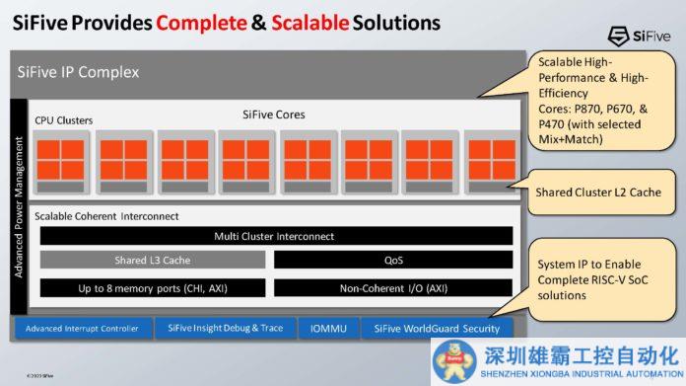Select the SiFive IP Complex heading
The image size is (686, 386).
click(79, 72)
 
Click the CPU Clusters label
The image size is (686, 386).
click(63, 120)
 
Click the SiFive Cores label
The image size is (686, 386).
click(273, 115)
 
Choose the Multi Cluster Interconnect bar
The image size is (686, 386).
click(274, 236)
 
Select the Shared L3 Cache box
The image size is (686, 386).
click(152, 261)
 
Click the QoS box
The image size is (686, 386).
click(392, 261)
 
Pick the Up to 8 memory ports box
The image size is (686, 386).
click(152, 287)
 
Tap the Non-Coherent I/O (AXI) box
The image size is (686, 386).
click(392, 287)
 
